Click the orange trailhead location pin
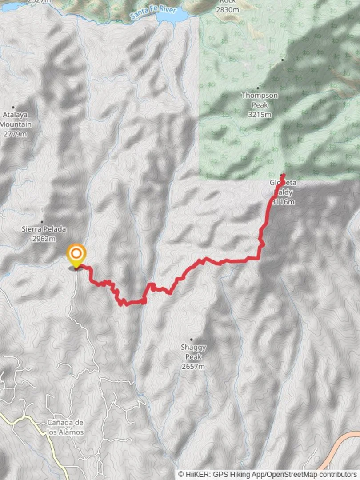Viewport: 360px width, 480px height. tap(76, 254)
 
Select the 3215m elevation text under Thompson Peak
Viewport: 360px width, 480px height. tap(260, 115)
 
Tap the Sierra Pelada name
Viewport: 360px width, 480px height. tap(44, 229)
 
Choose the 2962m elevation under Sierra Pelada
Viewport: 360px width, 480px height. tap(44, 239)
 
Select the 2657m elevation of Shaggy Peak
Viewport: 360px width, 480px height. tap(193, 367)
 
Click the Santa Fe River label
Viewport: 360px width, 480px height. tap(153, 13)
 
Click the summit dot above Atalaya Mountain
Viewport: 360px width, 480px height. tap(13, 107)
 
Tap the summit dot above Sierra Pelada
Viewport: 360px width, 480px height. tap(42, 221)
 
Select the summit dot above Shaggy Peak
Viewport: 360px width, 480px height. tap(192, 340)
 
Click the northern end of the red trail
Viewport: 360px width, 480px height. tap(283, 175)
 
